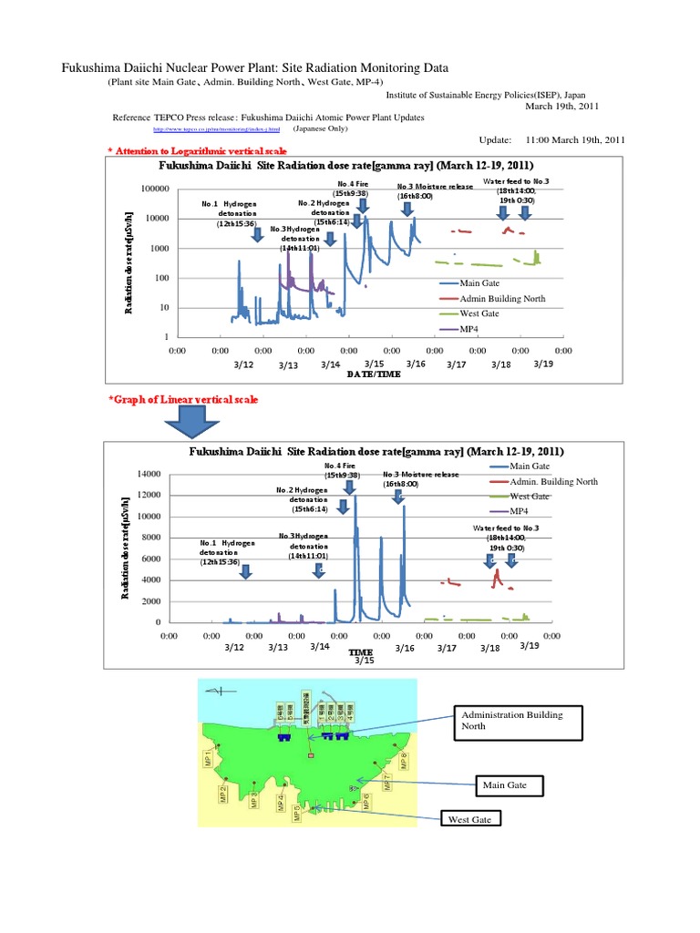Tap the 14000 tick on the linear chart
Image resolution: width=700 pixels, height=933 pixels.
[149, 474]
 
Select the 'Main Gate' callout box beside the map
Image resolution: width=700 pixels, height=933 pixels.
[510, 784]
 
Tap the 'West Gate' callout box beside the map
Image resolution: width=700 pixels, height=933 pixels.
[469, 820]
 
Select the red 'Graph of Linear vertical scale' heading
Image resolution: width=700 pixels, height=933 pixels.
[182, 400]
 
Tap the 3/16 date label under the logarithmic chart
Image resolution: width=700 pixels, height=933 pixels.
[416, 364]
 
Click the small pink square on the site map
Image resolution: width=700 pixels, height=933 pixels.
[311, 756]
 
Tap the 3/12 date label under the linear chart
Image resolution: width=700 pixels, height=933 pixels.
[234, 647]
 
